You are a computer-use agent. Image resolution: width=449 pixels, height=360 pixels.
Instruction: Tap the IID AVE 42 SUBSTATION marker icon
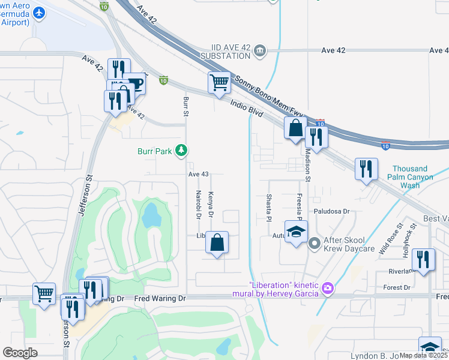[x=260, y=50]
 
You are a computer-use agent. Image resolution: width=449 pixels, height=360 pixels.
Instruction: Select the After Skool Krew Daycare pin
[x=314, y=244]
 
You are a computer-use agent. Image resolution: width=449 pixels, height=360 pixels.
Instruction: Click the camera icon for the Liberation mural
[x=327, y=289]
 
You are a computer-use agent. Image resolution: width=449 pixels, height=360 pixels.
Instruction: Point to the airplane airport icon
[x=40, y=13]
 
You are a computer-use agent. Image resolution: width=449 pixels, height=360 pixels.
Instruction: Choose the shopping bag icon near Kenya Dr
[x=217, y=243]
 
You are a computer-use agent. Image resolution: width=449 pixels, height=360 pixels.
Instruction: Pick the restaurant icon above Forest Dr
[x=424, y=259]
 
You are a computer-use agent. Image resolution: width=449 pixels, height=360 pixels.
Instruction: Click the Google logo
[x=20, y=353]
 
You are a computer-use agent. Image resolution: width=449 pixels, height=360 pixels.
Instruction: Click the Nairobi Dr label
[x=197, y=204]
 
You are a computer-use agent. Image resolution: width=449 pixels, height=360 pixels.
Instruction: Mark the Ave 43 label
[x=198, y=174]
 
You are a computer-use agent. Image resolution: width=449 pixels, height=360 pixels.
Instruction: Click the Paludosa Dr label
[x=331, y=211]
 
